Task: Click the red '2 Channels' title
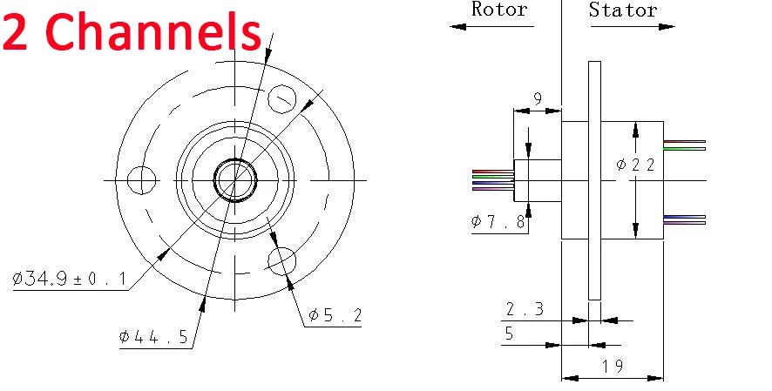(x=132, y=31)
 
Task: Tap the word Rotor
(x=499, y=9)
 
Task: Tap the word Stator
(x=623, y=10)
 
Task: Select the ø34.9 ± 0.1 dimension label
(x=70, y=280)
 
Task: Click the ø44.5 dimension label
(x=153, y=337)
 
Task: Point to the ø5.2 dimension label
(x=335, y=314)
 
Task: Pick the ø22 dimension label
(x=635, y=165)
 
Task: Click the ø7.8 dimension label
(x=498, y=222)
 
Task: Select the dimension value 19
(x=612, y=366)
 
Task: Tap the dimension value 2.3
(x=525, y=309)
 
